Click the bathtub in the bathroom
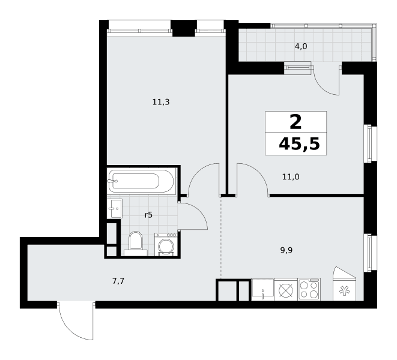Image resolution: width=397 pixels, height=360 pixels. point(142,181)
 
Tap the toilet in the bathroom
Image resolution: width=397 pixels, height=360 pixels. point(136,244)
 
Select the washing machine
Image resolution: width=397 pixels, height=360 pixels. point(166,244)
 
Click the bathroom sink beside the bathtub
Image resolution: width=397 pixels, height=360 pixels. point(115,208)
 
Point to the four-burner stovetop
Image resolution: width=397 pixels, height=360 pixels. point(309,289)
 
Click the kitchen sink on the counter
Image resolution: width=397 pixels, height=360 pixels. point(263,289)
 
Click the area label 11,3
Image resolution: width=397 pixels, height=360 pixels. point(161,102)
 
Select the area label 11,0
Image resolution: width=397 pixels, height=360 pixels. point(291,177)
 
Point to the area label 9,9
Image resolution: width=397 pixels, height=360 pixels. point(286,250)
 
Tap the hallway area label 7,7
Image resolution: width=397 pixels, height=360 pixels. point(118,281)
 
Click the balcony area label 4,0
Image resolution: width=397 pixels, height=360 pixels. point(301,46)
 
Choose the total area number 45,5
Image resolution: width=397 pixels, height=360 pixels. point(299,145)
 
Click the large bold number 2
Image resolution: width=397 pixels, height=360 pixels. point(295,122)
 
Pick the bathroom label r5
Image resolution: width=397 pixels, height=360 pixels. point(148,215)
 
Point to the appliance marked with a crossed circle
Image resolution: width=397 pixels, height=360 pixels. point(286,289)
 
